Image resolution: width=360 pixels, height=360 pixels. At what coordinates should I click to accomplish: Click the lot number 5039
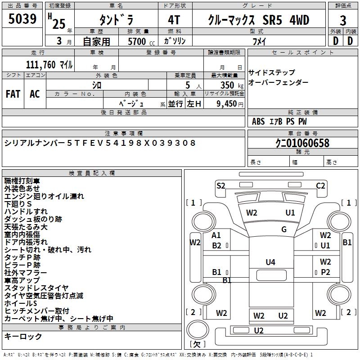point(22,19)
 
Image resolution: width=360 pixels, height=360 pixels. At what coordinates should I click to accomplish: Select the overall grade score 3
point(343,21)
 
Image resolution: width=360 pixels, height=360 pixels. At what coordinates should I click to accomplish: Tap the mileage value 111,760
point(40,65)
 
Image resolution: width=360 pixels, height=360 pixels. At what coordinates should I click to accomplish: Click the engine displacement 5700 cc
point(141,41)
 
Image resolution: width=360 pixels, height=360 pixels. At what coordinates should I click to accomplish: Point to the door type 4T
point(174,20)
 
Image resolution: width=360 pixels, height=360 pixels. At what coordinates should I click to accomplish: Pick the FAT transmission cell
point(13,94)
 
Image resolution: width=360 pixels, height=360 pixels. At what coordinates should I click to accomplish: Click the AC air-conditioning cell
point(35,94)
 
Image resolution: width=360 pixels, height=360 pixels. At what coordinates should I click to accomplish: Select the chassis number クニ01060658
point(302,143)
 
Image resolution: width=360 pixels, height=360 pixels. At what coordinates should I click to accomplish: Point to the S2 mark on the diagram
point(221,185)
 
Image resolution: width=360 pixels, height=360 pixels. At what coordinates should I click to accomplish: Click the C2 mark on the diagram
point(320,185)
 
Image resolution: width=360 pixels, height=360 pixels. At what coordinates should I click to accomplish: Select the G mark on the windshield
point(284,229)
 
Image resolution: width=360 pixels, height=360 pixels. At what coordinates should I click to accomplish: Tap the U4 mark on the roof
point(270,262)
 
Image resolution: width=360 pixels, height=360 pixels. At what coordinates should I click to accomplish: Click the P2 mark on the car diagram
point(325,272)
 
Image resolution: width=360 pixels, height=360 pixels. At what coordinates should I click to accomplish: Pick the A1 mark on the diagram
point(216,235)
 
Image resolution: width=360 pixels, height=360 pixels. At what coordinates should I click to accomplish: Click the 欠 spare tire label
point(197,344)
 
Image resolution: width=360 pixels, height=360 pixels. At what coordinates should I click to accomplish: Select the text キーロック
point(23,336)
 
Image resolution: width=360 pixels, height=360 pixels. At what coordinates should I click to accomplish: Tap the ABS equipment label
point(258,121)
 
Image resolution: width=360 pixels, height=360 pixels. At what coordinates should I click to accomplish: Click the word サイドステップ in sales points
point(272,72)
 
